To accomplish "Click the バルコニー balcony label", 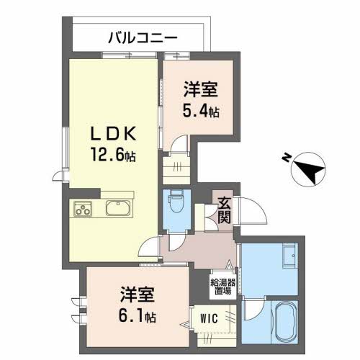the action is coord(143,38).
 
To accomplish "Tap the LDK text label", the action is coord(114,133).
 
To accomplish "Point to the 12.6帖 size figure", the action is coord(113,155).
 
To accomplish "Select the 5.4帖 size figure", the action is coord(201,111).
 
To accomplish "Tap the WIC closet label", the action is coord(209,319).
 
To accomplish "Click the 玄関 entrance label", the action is coord(224,211).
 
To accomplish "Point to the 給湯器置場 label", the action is coord(223,287).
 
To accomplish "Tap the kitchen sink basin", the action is coord(118,208).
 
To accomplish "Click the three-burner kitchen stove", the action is coord(83,209).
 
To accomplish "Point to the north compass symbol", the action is coord(308,169).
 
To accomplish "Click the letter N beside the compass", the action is coord(286,158).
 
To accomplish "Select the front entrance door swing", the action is coord(251,211).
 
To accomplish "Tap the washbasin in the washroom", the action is coord(290,256).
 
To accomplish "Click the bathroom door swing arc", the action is coord(254,309).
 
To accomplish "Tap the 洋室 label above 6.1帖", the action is coord(137,294).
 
